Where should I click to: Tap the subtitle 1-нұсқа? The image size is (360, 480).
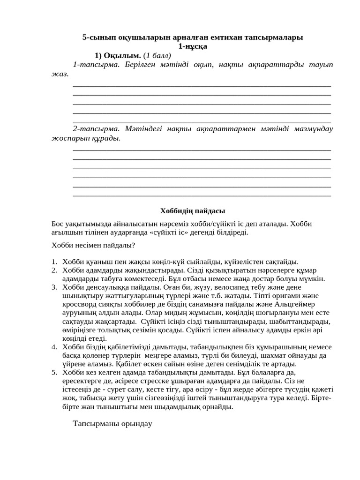pos(193,46)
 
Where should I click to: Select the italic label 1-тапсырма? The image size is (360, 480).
pos(97,64)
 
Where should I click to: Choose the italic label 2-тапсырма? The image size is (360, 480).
pos(97,128)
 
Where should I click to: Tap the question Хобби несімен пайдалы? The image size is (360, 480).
pos(93,245)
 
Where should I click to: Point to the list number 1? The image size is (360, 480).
pos(54,262)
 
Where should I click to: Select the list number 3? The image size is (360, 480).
pos(54,287)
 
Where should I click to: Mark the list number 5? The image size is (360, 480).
pos(54,372)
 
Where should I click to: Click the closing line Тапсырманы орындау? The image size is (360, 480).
pos(113,424)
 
